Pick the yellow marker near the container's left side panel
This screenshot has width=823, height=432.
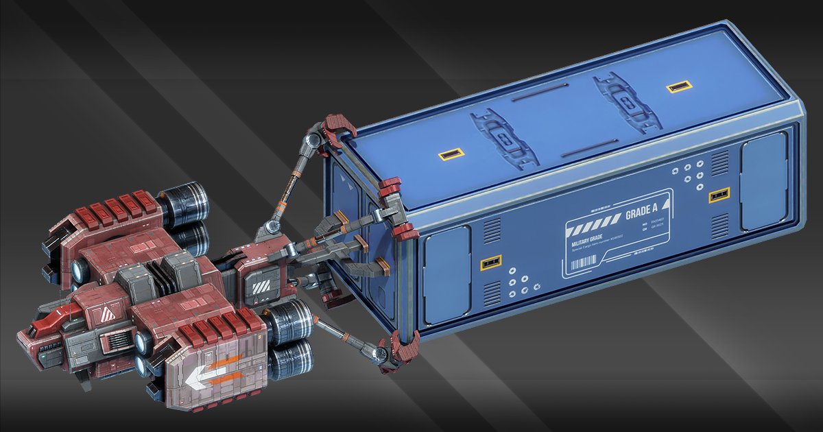[x=490, y=262]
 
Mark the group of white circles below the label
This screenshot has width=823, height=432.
[x=522, y=283]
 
